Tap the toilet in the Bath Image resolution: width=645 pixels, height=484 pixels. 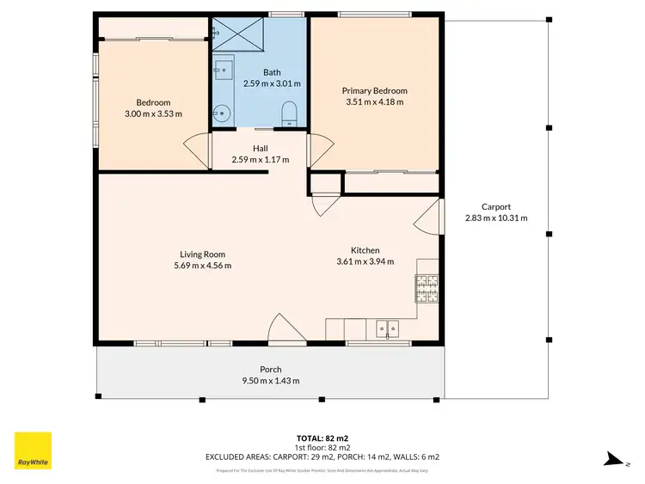(x=289, y=113)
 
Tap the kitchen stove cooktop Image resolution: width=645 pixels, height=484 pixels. (x=427, y=288)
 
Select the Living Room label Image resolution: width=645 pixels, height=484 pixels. (x=202, y=254)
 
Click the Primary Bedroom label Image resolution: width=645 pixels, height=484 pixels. (x=374, y=90)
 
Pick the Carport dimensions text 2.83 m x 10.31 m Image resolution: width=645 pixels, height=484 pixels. (x=495, y=218)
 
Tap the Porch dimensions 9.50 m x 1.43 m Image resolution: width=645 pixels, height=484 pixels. (x=270, y=381)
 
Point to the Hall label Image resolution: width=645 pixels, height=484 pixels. (x=261, y=148)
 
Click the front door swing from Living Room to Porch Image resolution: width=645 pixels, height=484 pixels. (x=284, y=328)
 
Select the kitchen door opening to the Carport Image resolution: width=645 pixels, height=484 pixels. (x=428, y=218)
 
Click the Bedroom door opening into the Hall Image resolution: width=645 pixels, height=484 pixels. (x=199, y=152)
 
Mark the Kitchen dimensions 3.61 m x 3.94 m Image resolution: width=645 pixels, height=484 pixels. (x=365, y=261)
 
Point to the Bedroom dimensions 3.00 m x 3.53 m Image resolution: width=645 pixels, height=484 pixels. (x=153, y=113)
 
